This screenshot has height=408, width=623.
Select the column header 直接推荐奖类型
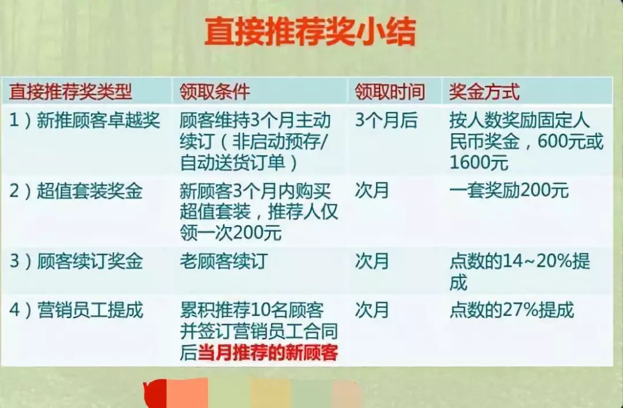(x=70, y=91)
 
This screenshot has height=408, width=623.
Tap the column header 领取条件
(x=215, y=91)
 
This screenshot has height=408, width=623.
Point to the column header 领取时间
(x=389, y=91)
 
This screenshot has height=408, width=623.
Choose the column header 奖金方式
(x=484, y=91)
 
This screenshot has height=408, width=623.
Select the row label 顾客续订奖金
(x=76, y=262)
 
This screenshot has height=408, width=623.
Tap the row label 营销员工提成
(x=76, y=311)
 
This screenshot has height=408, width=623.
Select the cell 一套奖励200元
(x=509, y=191)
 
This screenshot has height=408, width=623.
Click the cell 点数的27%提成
(x=512, y=311)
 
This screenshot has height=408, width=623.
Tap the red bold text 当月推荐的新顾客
(x=268, y=352)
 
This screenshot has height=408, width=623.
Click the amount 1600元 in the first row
(x=479, y=163)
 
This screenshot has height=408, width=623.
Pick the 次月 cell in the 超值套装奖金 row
(x=372, y=191)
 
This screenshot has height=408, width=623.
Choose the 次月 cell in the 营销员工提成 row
(x=372, y=311)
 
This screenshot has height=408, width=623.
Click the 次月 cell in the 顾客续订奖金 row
(x=372, y=262)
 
